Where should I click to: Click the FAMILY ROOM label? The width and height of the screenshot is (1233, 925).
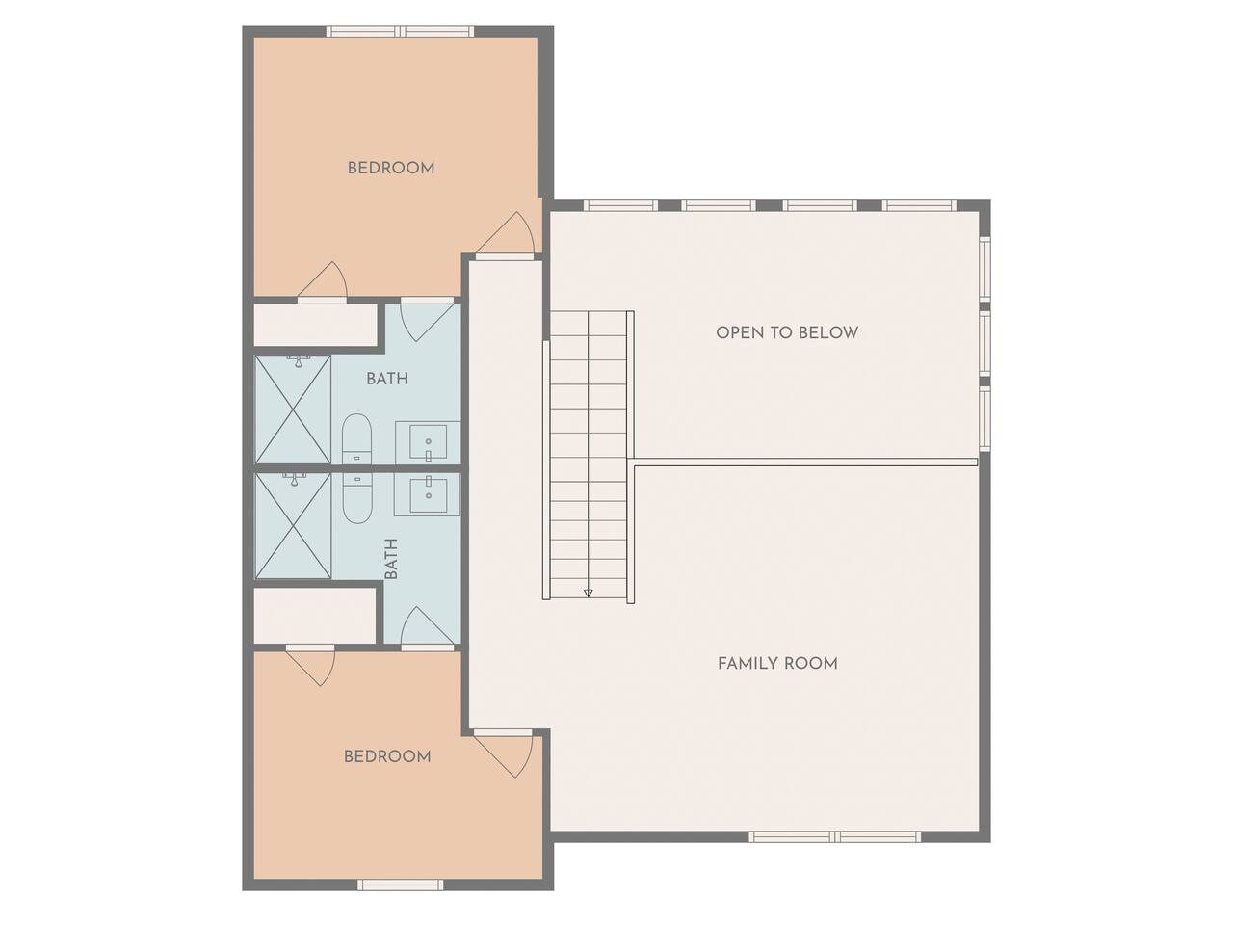tap(777, 663)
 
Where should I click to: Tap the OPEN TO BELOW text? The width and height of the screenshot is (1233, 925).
tap(787, 332)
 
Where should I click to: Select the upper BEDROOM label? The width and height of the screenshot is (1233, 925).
tap(391, 168)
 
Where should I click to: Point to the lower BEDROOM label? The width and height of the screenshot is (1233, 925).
tap(387, 756)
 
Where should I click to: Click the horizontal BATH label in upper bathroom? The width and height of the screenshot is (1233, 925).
tap(387, 379)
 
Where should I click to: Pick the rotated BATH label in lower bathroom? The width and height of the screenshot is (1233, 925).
tap(391, 559)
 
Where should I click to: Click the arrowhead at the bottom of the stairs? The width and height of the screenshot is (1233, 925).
tap(589, 593)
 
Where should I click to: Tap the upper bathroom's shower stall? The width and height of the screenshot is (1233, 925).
tap(293, 410)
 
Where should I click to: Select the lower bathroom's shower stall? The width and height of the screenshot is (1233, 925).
tap(293, 525)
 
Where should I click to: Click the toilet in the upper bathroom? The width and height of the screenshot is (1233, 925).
tap(357, 438)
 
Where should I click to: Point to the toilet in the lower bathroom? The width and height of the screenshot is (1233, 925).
tap(357, 497)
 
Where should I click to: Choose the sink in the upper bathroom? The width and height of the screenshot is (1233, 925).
tap(428, 442)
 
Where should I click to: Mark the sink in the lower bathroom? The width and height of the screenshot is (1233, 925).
tap(428, 495)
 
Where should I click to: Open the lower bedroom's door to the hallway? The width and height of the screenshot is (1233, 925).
tap(503, 753)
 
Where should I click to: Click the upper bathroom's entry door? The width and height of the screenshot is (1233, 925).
tap(427, 321)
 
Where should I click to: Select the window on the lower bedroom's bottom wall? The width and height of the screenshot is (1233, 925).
tap(401, 885)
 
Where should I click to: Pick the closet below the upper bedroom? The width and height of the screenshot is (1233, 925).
tap(316, 325)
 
